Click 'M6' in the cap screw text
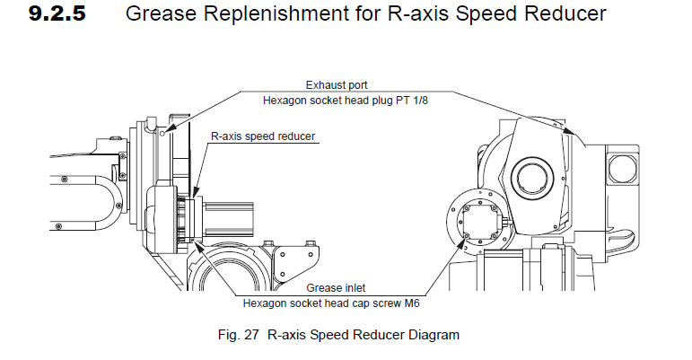(x=408, y=303)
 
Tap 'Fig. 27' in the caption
(x=241, y=335)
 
